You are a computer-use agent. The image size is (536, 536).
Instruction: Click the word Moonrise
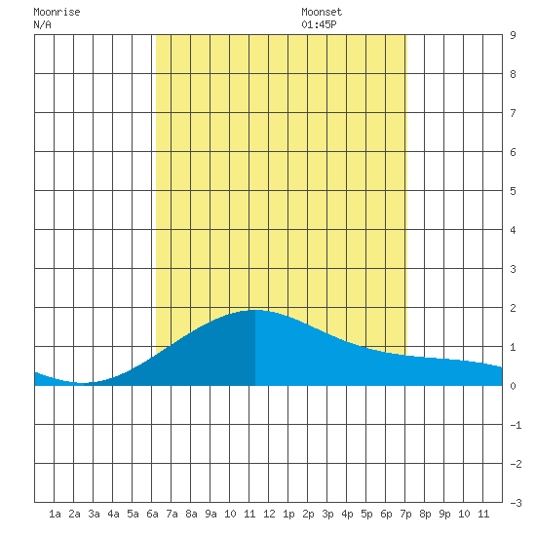pos(57,12)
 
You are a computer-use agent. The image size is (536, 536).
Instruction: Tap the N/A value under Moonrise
pos(42,24)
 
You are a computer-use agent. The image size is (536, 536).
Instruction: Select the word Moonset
pos(322,12)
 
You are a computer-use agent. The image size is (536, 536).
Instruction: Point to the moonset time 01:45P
pos(319,24)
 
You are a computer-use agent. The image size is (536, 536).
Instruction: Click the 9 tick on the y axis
pos(513,35)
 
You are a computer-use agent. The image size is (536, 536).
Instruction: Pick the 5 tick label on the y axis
pos(513,191)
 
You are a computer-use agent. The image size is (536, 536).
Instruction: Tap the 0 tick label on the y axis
pos(513,386)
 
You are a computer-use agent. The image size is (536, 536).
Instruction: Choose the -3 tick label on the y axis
pos(516,503)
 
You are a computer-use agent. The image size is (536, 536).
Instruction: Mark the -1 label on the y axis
pos(516,425)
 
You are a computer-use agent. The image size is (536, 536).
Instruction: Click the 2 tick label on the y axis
pos(513,308)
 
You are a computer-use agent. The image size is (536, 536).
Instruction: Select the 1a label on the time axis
pos(55,514)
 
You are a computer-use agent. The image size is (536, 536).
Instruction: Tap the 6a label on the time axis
pos(152,514)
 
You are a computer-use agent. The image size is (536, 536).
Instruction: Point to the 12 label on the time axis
pos(269,514)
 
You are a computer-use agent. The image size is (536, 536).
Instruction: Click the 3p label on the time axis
pos(327,514)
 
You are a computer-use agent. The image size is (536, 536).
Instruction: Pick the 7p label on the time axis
pos(405,514)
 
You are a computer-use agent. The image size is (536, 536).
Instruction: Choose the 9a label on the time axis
pos(211,514)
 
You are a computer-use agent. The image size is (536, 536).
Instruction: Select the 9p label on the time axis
pos(444,514)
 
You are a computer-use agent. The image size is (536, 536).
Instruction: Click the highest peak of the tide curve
pos(255,310)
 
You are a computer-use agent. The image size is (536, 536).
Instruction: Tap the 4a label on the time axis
pos(113,514)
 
